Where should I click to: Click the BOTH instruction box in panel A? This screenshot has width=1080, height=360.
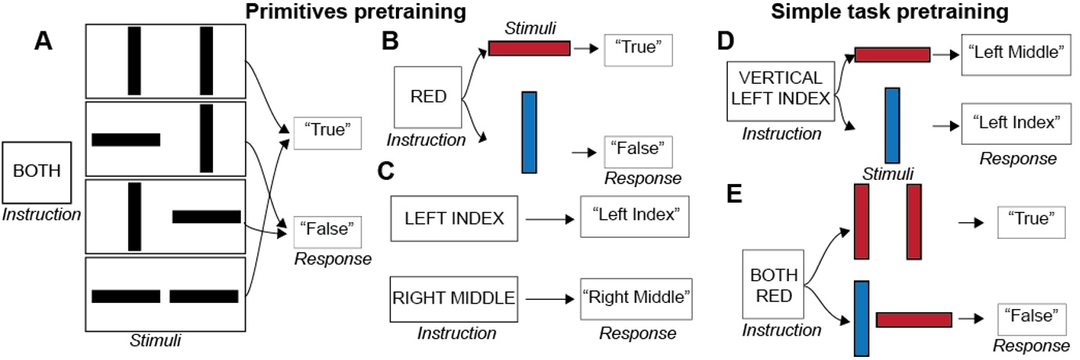(x=38, y=171)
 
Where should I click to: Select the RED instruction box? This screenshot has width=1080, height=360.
(x=429, y=98)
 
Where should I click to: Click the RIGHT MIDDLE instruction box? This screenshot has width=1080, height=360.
(x=453, y=298)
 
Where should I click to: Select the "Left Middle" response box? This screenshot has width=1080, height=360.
(x=1015, y=54)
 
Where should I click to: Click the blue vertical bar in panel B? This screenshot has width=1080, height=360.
(x=529, y=131)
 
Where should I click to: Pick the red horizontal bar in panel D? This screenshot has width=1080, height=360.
(x=892, y=54)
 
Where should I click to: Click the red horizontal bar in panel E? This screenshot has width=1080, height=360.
(x=914, y=319)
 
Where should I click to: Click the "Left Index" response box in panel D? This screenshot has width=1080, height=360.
(x=1015, y=123)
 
